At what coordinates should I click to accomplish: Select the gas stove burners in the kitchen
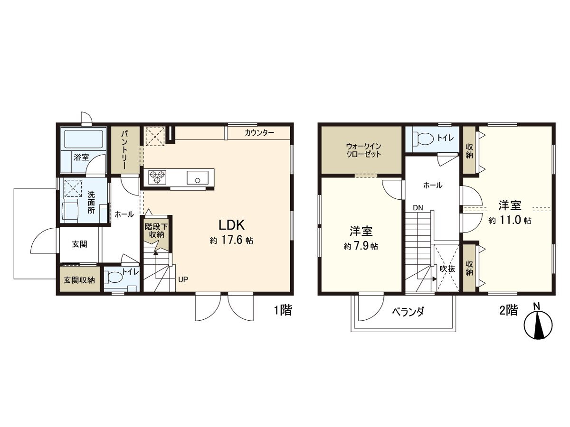(157, 177)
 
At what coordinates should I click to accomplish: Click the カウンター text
(259, 133)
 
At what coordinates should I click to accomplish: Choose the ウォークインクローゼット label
(363, 150)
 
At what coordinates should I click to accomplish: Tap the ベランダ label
(408, 312)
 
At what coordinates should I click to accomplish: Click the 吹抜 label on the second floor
(447, 269)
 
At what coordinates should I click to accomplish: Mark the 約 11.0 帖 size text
(510, 221)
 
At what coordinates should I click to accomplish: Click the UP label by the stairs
(183, 279)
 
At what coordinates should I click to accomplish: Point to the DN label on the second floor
(418, 208)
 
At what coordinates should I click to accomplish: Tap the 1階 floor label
(282, 311)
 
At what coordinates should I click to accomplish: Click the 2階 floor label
(508, 311)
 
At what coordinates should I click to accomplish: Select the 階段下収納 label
(155, 230)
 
